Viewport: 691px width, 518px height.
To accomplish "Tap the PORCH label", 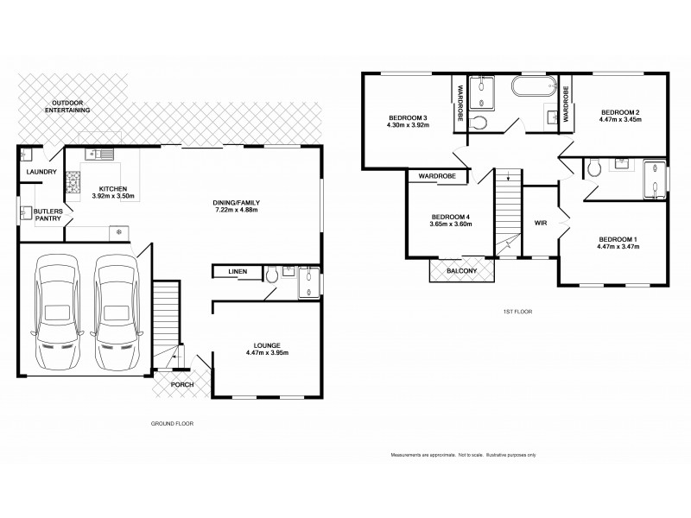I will [x=181, y=385].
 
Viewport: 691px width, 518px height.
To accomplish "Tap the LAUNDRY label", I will [x=41, y=173].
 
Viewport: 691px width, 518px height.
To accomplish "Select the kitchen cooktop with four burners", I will [x=73, y=180].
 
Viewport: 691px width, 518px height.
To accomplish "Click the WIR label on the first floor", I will [x=542, y=223].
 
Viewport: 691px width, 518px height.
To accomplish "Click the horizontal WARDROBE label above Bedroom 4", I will [x=436, y=176].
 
